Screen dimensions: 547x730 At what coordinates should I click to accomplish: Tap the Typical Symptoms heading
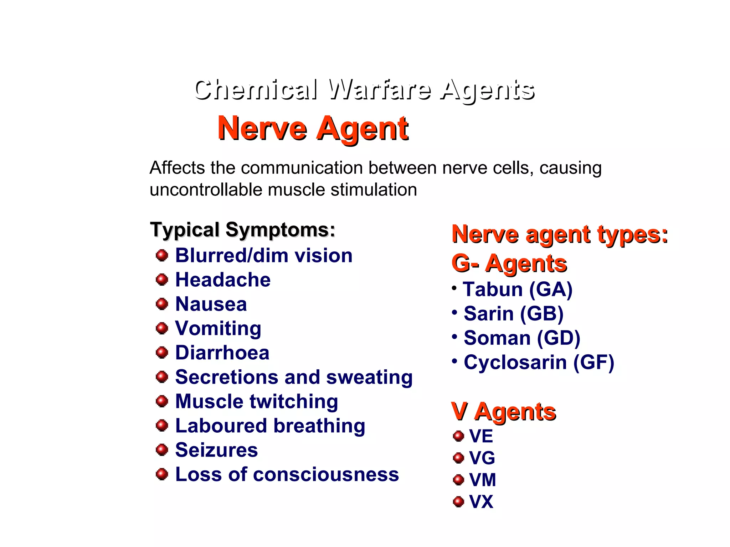[x=242, y=230]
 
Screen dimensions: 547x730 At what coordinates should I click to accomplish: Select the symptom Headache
[x=223, y=280]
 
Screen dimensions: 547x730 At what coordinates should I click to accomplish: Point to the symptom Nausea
[x=211, y=304]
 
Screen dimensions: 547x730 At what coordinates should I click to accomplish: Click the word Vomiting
[x=218, y=328]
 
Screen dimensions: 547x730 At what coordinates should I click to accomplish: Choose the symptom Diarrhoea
[x=222, y=353]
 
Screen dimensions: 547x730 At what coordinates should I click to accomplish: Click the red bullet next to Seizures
[x=162, y=450]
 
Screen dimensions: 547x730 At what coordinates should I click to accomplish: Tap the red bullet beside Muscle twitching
[x=162, y=401]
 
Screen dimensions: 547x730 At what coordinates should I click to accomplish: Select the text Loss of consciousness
[x=287, y=474]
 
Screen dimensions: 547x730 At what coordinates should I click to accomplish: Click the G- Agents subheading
[x=509, y=264]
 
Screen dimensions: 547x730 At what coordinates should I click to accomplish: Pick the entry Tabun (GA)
[x=518, y=289]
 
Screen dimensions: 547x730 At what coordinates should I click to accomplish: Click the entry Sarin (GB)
[x=513, y=314]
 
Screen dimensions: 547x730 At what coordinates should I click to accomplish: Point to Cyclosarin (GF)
[x=539, y=363]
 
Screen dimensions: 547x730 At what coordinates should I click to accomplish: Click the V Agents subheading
[x=503, y=412]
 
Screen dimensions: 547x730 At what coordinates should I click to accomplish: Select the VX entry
[x=481, y=502]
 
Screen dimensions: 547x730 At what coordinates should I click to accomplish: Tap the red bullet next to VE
[x=458, y=436]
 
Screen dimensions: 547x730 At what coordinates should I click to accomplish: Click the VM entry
[x=482, y=480]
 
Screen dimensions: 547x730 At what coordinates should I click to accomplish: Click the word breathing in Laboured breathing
[x=319, y=426]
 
